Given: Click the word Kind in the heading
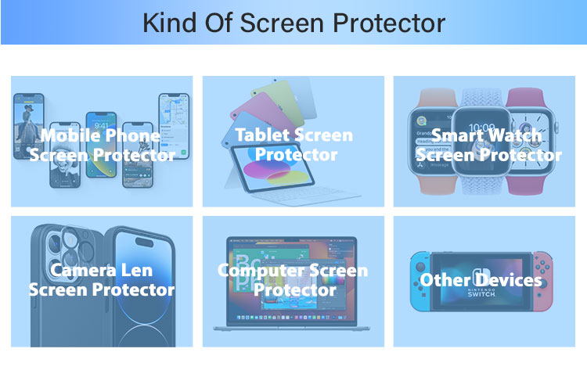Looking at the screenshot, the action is [x=170, y=23].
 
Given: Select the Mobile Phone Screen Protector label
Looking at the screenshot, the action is [x=103, y=145].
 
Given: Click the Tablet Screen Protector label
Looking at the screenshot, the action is [x=294, y=145].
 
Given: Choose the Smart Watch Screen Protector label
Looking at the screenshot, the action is [x=489, y=145].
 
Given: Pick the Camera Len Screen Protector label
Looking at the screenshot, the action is [x=102, y=279].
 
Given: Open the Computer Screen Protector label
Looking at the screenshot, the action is [x=293, y=279].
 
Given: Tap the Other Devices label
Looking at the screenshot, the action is [x=481, y=280].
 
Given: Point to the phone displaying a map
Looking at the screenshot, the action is [x=174, y=126].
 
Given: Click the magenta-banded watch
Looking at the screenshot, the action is [x=531, y=142].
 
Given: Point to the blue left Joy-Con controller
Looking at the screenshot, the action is [x=420, y=282].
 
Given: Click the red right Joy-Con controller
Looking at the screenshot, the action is [x=543, y=282].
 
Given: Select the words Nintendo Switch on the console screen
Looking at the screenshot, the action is [x=481, y=293].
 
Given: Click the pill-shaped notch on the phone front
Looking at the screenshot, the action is [x=144, y=243].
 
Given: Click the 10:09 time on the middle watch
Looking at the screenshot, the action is [x=482, y=128].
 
